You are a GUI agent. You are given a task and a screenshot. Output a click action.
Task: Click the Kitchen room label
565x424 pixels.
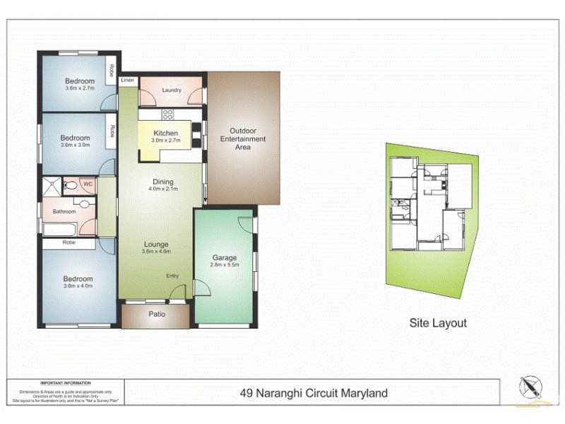click(165, 133)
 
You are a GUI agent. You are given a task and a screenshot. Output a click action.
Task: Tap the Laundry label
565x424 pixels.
click(172, 90)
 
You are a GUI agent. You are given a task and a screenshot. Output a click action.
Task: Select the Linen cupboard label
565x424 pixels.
click(127, 81)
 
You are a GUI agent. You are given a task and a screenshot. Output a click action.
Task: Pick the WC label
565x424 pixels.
click(88, 184)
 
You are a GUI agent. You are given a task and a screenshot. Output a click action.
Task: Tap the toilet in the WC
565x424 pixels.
click(71, 186)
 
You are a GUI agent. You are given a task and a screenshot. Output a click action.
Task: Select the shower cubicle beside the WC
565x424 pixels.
click(51, 185)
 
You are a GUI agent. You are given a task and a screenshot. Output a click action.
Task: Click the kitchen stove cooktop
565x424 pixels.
click(169, 114)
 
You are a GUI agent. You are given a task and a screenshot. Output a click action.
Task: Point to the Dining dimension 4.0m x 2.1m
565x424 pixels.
click(163, 189)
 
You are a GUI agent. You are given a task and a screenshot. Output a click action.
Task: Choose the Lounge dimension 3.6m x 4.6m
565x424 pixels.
click(156, 252)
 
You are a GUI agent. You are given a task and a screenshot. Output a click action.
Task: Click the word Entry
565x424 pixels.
click(173, 276)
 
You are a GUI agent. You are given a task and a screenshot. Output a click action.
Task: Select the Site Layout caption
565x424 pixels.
click(439, 323)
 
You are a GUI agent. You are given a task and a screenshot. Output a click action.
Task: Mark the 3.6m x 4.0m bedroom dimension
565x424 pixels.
click(78, 286)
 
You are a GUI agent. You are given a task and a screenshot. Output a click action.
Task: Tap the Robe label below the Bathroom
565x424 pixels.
click(69, 242)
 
